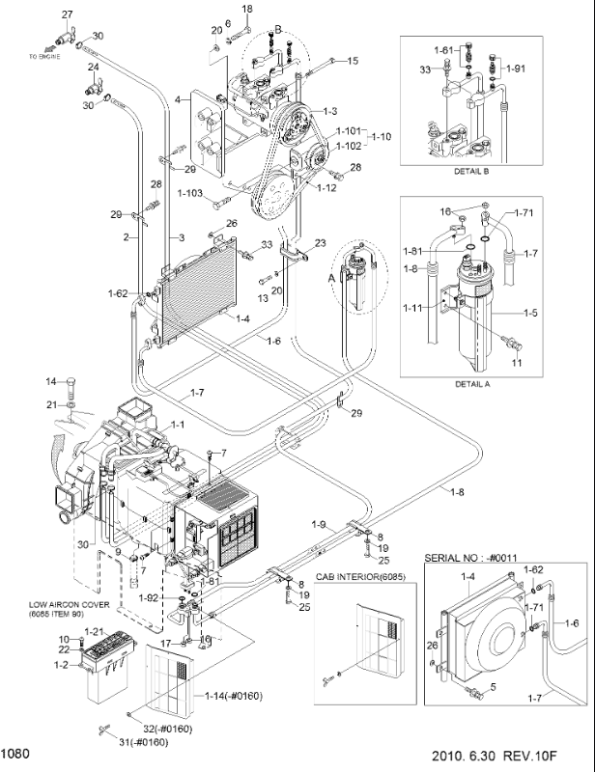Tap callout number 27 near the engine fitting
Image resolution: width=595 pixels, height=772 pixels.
point(68,14)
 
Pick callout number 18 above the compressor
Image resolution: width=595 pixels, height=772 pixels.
point(246,10)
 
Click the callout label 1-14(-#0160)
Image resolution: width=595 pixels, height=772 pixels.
point(234,695)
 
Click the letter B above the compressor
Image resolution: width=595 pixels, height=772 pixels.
point(277,31)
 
